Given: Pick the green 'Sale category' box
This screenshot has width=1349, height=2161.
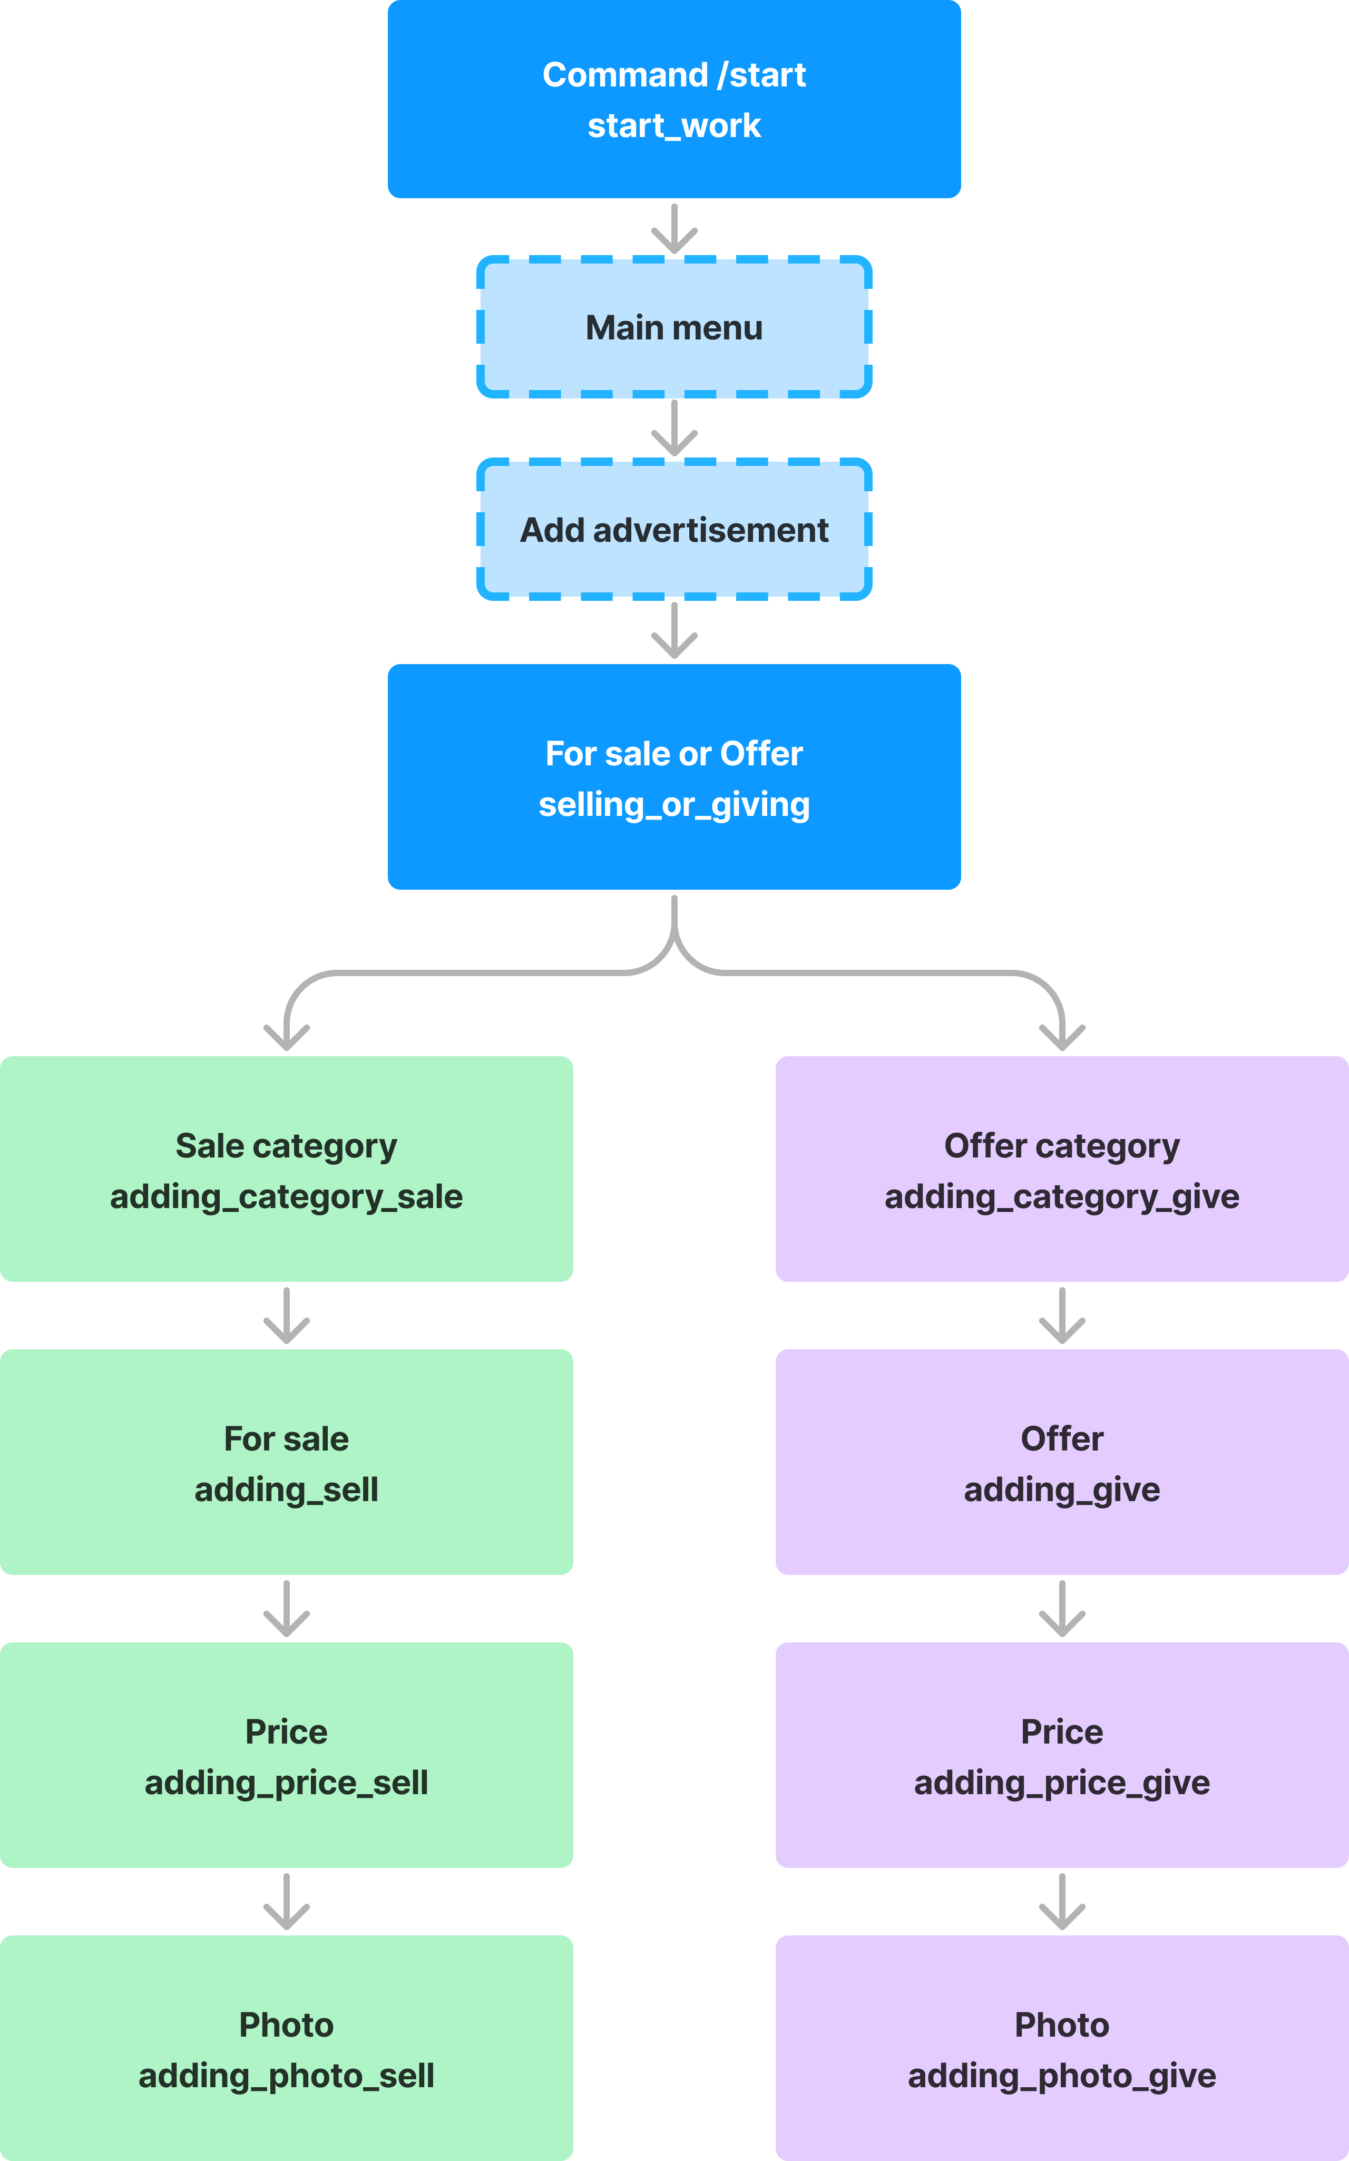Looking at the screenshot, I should tap(286, 1169).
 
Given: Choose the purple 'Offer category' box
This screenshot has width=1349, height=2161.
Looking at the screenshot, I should tap(1062, 1169).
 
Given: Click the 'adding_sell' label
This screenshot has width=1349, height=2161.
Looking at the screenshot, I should tap(286, 1489).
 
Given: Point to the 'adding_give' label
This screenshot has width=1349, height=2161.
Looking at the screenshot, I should tap(1062, 1489).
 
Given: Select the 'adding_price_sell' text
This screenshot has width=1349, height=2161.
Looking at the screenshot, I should tap(286, 1783).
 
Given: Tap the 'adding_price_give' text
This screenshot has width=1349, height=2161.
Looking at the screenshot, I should tap(1062, 1783).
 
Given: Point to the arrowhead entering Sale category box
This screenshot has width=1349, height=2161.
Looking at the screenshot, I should tap(286, 1038).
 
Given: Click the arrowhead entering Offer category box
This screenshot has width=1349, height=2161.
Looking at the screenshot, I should tap(1062, 1038).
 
